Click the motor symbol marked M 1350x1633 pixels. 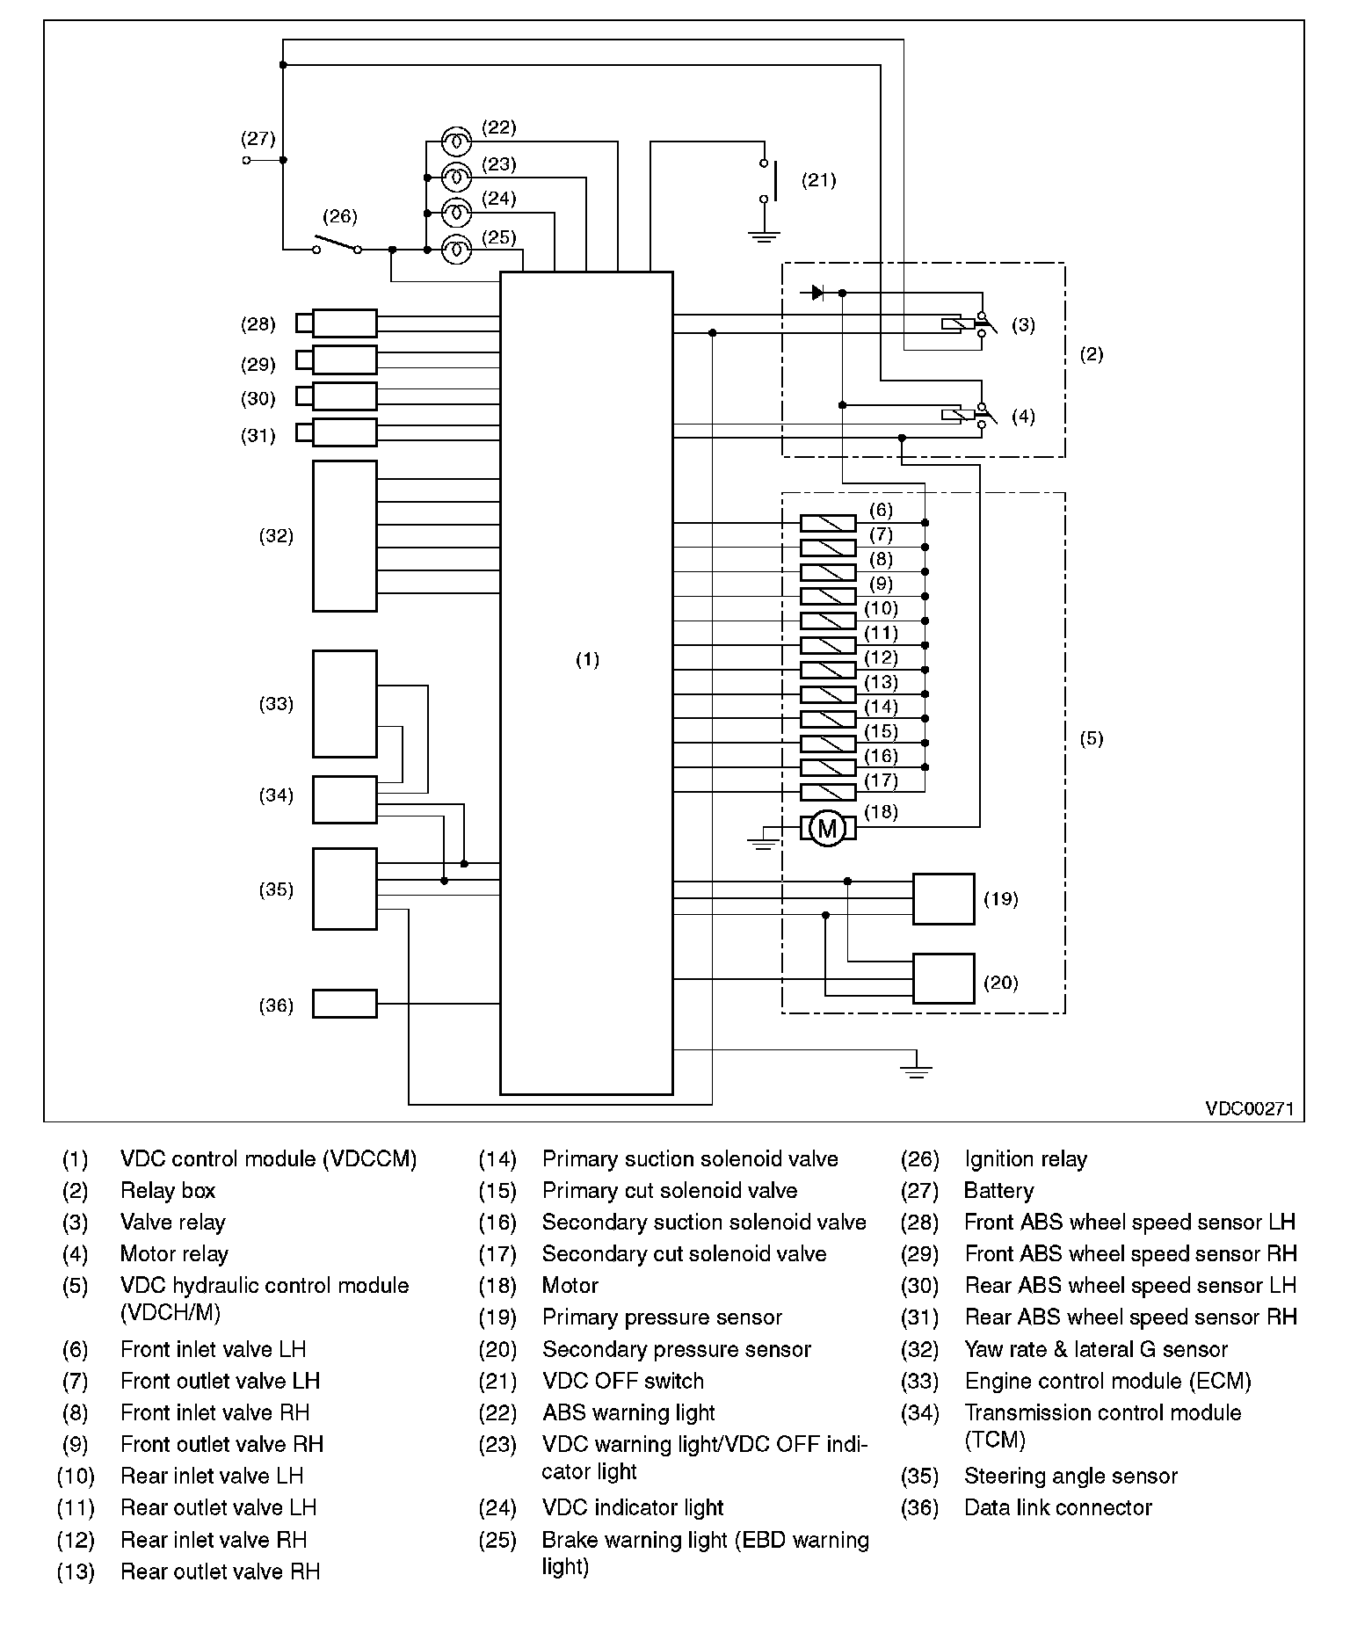tap(827, 828)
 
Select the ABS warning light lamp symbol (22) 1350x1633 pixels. tap(456, 142)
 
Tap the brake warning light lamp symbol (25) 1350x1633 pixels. tap(456, 250)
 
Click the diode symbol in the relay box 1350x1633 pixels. tap(817, 293)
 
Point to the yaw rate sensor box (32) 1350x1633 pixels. tap(345, 536)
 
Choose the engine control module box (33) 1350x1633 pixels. tap(345, 704)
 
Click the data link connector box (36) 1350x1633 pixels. tap(345, 1004)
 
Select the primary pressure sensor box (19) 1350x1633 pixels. tap(943, 899)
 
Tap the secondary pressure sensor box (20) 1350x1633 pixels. tap(943, 979)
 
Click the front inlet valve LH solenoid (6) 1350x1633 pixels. tap(827, 524)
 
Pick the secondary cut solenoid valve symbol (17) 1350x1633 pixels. tap(827, 793)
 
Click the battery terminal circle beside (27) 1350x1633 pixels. tap(247, 160)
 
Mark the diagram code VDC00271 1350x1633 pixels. tap(1249, 1109)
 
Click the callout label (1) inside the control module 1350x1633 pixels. tap(587, 659)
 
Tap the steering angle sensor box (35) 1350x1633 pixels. tap(345, 889)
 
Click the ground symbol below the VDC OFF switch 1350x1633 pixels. tap(765, 236)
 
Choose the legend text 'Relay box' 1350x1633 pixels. tap(168, 1191)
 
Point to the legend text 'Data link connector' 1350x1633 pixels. tap(1057, 1508)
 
